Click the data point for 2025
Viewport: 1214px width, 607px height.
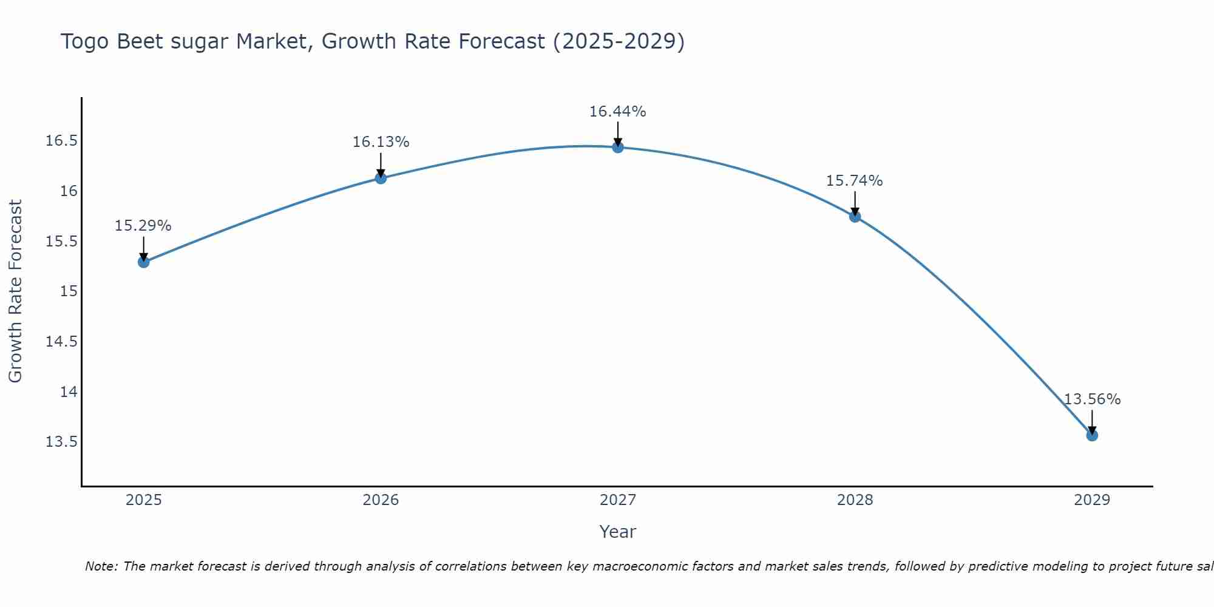(144, 262)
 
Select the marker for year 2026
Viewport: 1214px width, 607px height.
(381, 178)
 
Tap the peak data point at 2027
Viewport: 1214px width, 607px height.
(618, 147)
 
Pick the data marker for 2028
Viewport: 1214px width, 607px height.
(855, 217)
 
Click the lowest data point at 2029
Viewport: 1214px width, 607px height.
(1092, 435)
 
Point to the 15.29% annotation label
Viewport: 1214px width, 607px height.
(143, 226)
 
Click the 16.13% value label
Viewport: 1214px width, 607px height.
(381, 142)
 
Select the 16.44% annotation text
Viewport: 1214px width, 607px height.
(617, 112)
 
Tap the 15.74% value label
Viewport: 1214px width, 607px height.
(854, 181)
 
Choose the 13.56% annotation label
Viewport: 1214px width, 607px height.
(1092, 399)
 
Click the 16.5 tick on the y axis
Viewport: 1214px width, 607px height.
(62, 141)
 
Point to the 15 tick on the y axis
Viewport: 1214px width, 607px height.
(69, 291)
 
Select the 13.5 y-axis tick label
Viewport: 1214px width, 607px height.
(62, 442)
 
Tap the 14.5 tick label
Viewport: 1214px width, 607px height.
(62, 342)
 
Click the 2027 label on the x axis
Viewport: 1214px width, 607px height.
(617, 500)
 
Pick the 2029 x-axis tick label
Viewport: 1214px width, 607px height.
(1091, 500)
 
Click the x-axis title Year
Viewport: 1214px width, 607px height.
(617, 532)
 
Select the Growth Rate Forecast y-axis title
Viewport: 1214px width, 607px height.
(15, 291)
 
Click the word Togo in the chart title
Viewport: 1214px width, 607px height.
(86, 42)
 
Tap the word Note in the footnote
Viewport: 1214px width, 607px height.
(101, 566)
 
